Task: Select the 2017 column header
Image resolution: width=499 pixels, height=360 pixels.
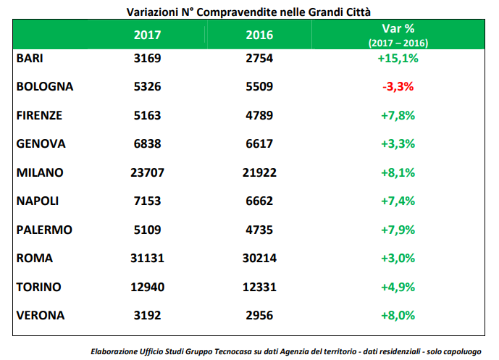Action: click(x=148, y=35)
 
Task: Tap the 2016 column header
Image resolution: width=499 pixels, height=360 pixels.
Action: click(x=259, y=35)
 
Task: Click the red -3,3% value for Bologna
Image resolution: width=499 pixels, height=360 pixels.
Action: click(x=398, y=87)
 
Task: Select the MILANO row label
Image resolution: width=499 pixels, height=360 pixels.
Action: click(x=40, y=172)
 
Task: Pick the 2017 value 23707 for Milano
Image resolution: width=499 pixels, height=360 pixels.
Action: click(x=148, y=172)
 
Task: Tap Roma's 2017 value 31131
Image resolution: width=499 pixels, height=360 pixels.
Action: click(x=148, y=258)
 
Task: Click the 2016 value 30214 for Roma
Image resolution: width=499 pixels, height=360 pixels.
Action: click(x=259, y=258)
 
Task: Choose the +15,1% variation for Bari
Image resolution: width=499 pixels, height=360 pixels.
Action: click(x=398, y=59)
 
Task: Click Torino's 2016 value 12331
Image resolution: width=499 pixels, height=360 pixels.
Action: click(x=259, y=287)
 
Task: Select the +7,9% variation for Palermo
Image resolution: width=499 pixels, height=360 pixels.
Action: click(x=398, y=230)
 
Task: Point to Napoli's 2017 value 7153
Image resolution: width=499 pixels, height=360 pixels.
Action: click(x=148, y=201)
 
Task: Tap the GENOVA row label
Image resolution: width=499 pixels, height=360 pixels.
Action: click(x=41, y=143)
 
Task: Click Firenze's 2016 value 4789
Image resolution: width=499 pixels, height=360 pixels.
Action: click(x=259, y=115)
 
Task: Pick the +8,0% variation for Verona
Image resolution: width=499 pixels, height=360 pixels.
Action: click(x=398, y=315)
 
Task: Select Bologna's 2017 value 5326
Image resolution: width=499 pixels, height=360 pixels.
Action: click(x=148, y=87)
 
